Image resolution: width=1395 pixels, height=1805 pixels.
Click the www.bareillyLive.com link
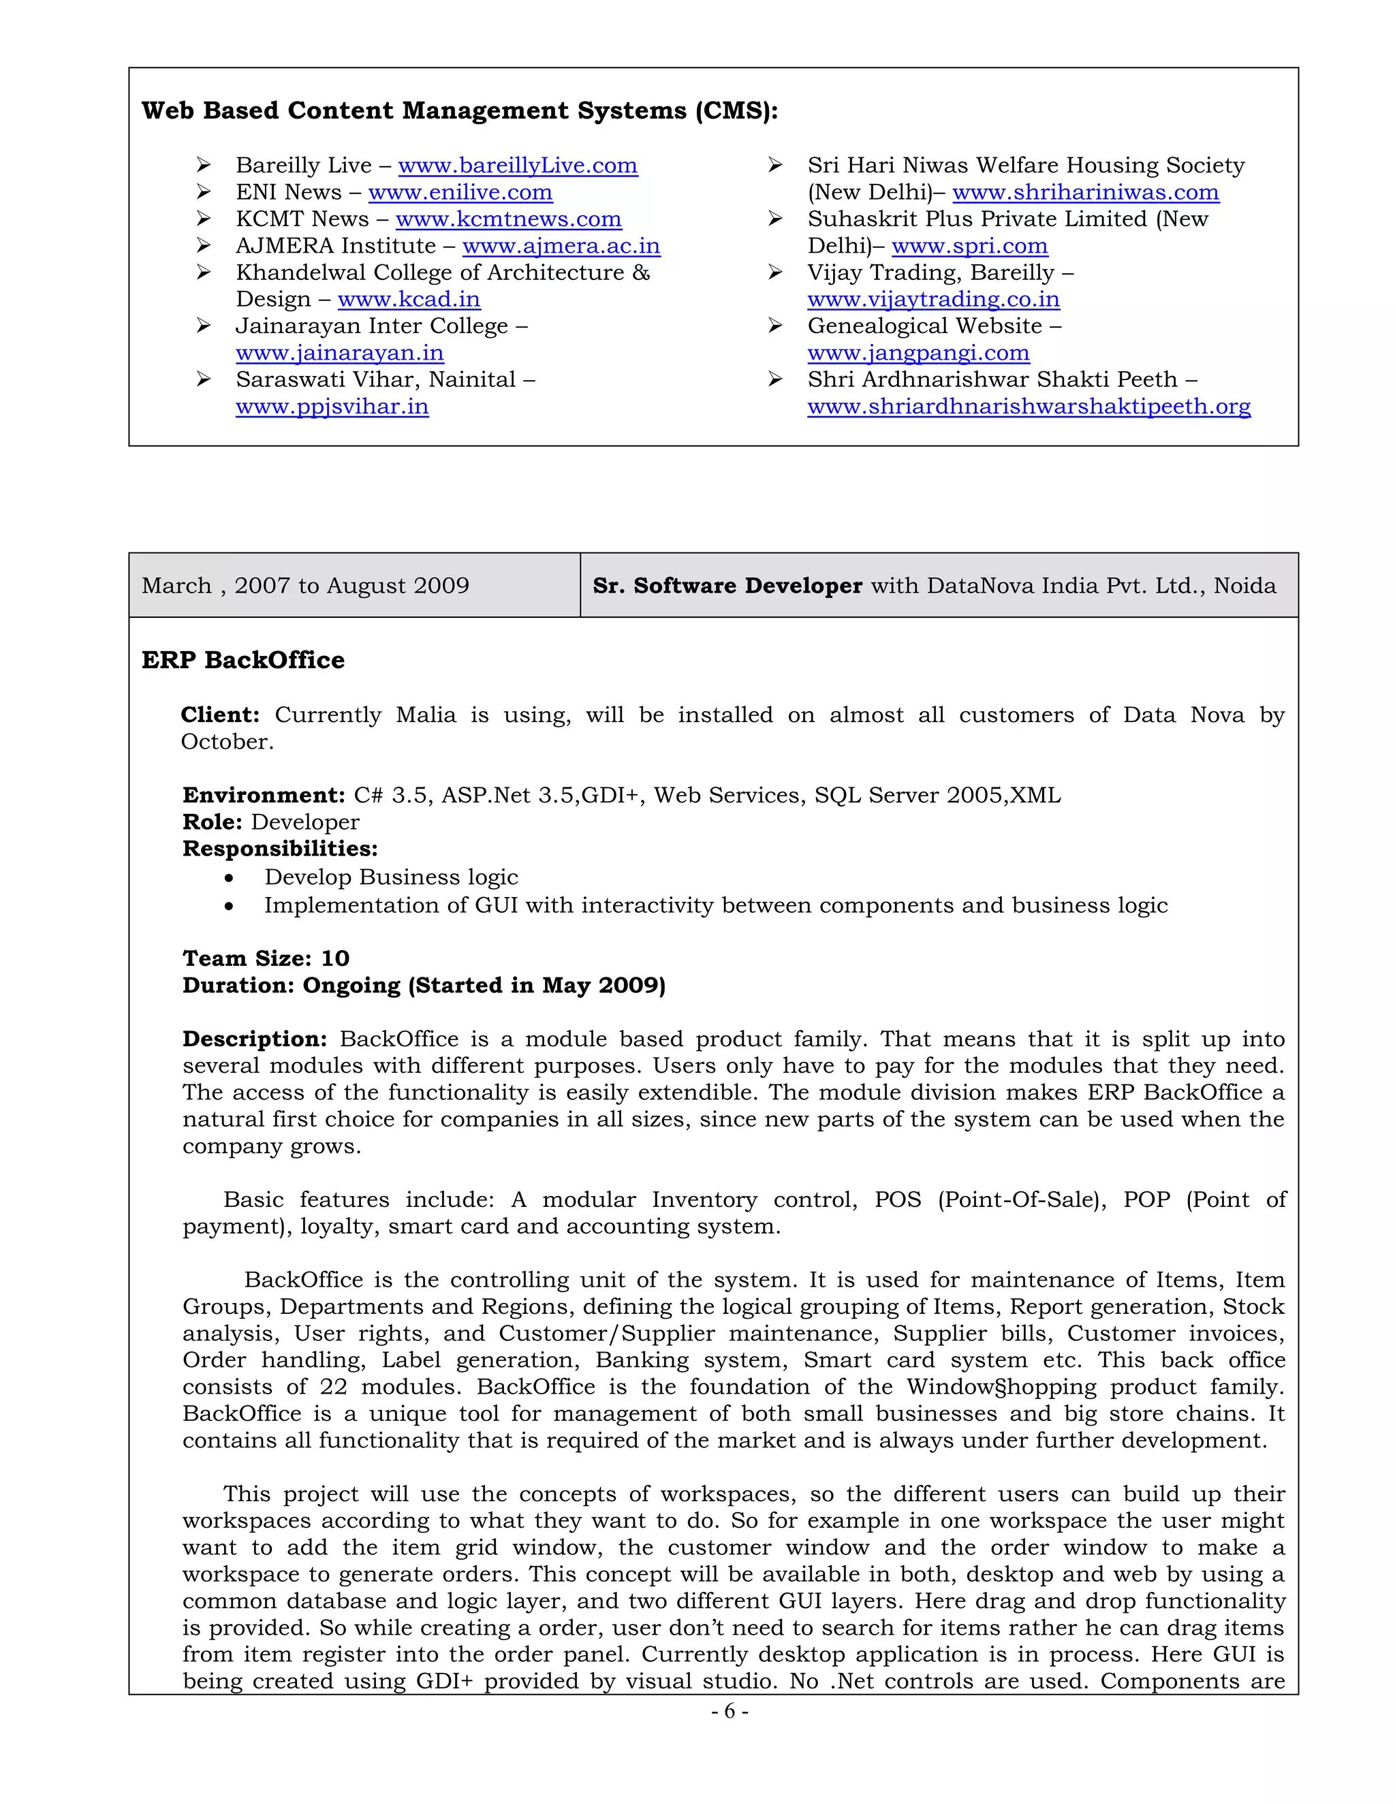518,166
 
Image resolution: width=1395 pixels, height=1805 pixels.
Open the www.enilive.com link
460,193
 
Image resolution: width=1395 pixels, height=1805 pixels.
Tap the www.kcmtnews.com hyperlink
508,219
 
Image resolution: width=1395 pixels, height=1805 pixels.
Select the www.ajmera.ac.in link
561,247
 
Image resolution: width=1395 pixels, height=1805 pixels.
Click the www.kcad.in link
409,299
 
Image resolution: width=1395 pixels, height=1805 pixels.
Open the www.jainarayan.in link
340,353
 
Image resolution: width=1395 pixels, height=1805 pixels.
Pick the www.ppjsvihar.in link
332,407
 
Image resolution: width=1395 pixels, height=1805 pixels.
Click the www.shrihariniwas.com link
1085,193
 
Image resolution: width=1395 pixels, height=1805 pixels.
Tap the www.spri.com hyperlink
969,247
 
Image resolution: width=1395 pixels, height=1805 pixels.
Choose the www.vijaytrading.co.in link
933,299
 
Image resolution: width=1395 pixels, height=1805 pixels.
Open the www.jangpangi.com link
918,353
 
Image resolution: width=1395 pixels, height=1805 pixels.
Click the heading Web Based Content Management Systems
460,111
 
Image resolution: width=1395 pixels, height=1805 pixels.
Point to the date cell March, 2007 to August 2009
305,586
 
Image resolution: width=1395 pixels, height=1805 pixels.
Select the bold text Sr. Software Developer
727,586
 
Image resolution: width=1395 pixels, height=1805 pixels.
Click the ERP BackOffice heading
243,660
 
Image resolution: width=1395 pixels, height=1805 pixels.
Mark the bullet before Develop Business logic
229,879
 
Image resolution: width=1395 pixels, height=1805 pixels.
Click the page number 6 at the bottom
730,1712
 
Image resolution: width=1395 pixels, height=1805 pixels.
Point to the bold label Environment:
263,796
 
